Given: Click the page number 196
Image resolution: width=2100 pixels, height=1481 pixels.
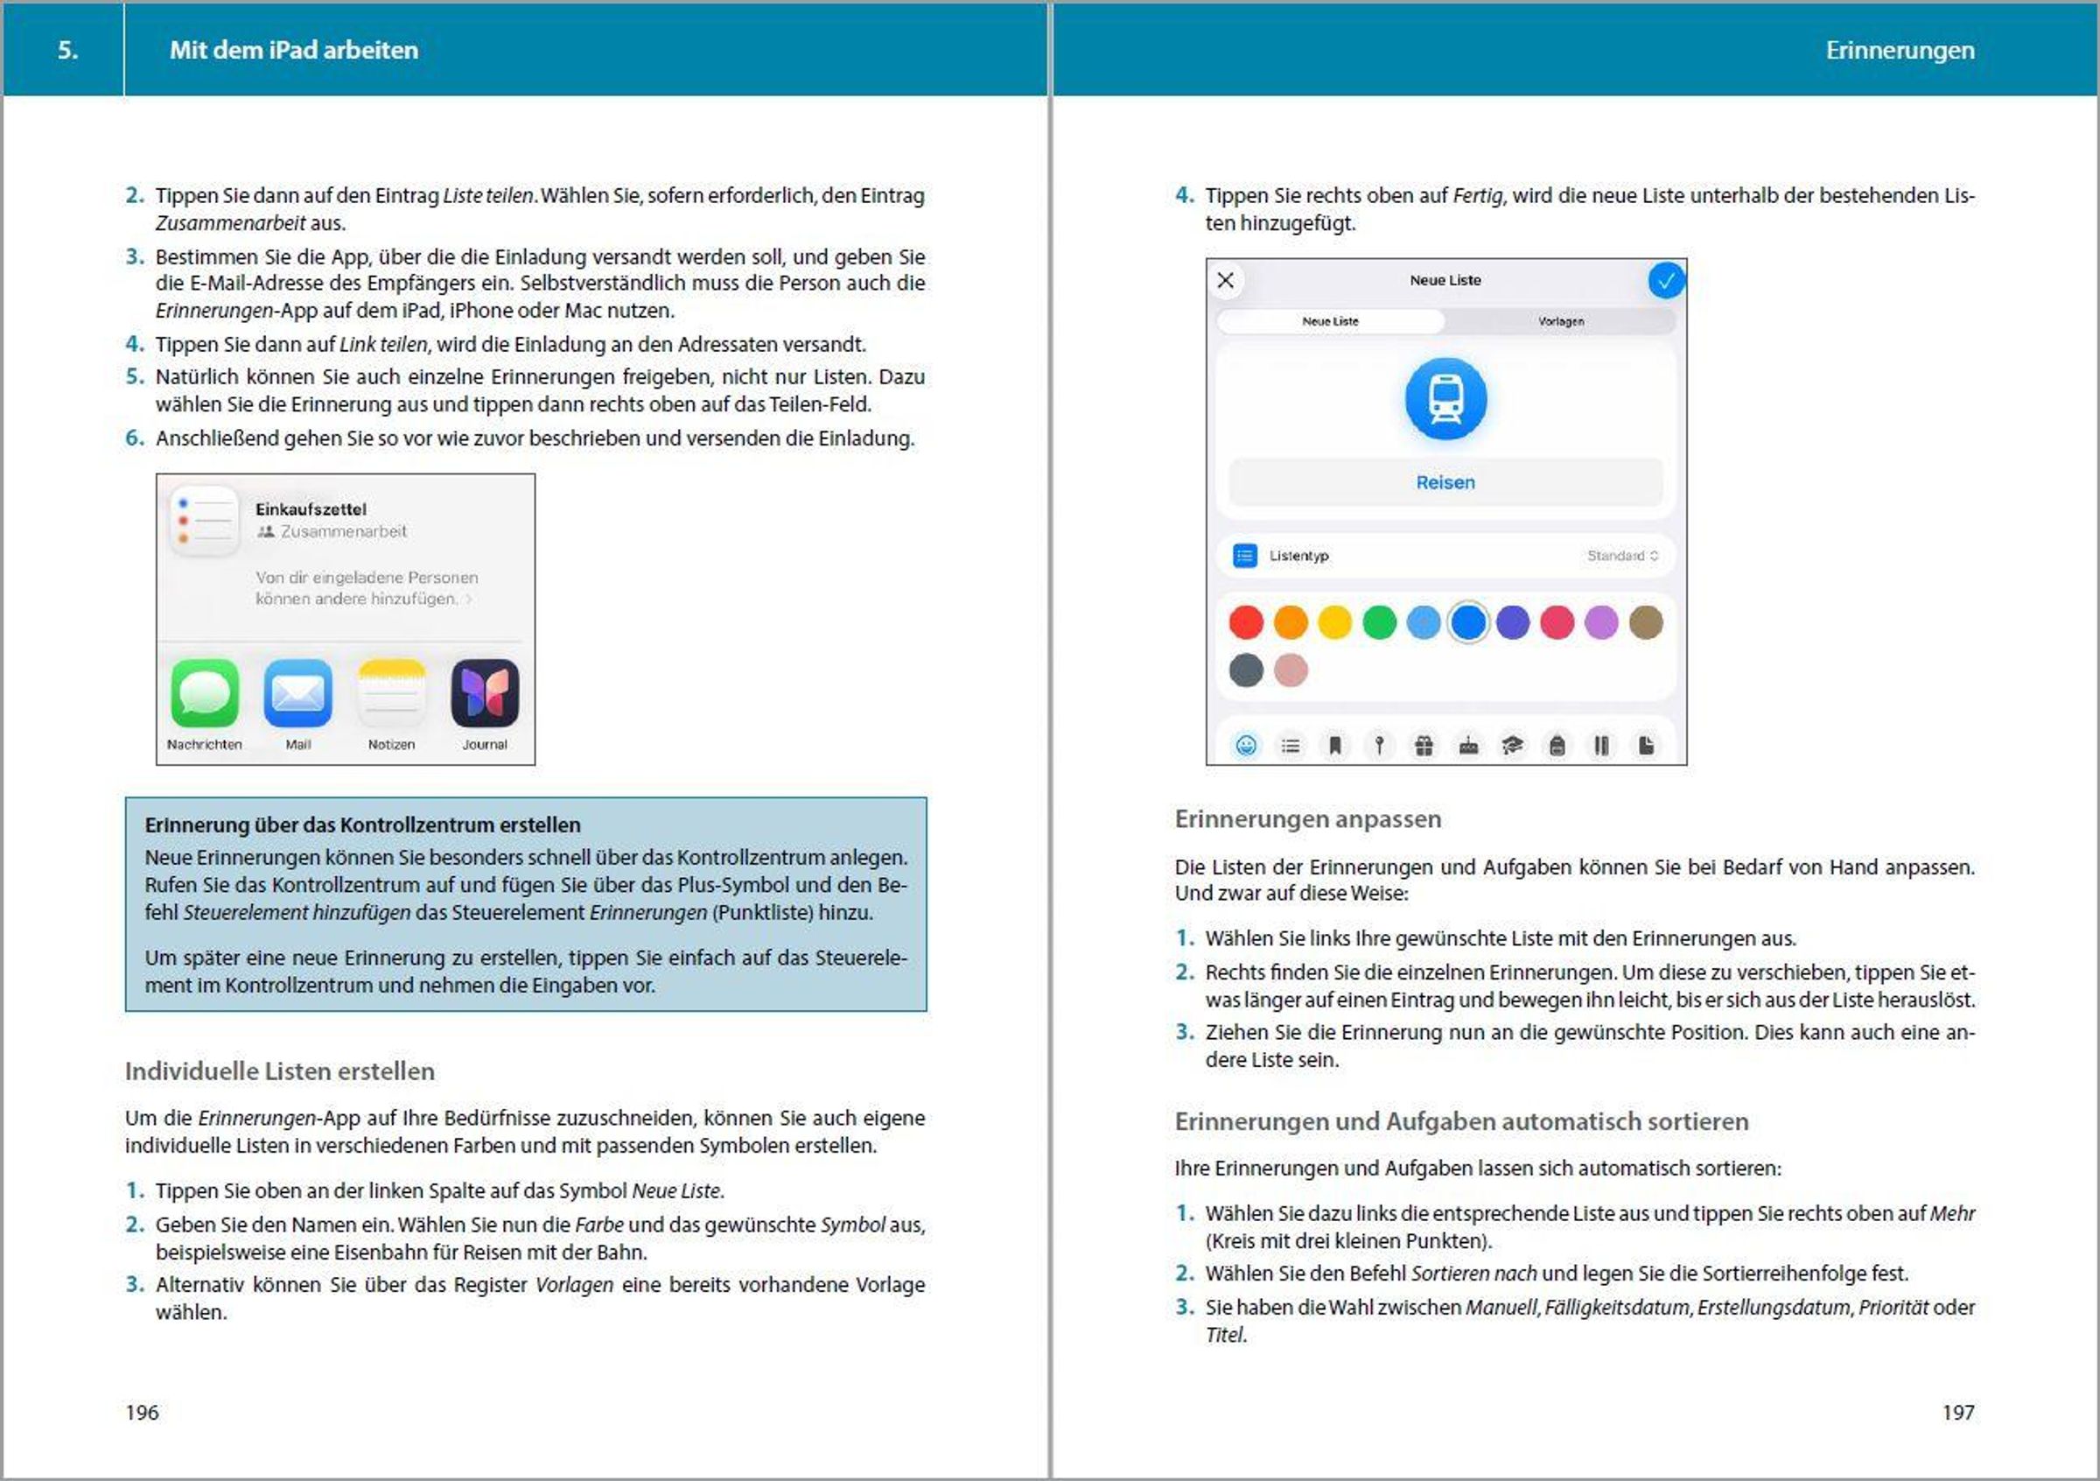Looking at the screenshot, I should pyautogui.click(x=142, y=1413).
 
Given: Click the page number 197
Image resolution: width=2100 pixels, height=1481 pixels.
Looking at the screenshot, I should pyautogui.click(x=1957, y=1413).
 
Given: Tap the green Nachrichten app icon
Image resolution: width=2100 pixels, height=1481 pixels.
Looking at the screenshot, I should pyautogui.click(x=205, y=692).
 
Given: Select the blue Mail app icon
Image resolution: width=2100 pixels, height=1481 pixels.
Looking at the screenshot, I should pyautogui.click(x=298, y=692).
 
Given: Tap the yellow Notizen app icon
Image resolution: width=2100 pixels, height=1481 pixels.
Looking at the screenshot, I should pyautogui.click(x=391, y=692).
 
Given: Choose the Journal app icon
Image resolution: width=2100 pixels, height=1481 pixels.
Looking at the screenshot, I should pyautogui.click(x=485, y=692).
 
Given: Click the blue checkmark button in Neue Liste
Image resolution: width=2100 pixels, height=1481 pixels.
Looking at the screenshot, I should pyautogui.click(x=1665, y=280).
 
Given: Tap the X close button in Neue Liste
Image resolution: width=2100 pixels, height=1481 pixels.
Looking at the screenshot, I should pyautogui.click(x=1226, y=280).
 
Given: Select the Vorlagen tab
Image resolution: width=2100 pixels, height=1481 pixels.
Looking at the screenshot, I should pyautogui.click(x=1560, y=321).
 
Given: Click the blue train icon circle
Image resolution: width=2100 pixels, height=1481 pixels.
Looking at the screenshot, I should pyautogui.click(x=1445, y=399).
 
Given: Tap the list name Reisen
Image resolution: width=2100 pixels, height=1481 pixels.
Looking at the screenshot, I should pyautogui.click(x=1445, y=482).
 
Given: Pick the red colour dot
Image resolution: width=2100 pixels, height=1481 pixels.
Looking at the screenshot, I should pyautogui.click(x=1246, y=623).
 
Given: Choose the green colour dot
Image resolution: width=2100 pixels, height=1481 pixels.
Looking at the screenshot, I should pyautogui.click(x=1379, y=623).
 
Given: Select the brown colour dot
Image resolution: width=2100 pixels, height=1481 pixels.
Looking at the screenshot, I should pyautogui.click(x=1645, y=623).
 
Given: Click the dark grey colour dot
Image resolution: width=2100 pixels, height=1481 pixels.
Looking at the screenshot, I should pyautogui.click(x=1246, y=670).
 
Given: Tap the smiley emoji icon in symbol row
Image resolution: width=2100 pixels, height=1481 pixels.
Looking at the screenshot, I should pyautogui.click(x=1246, y=746).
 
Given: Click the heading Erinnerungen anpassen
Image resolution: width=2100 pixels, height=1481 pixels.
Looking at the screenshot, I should pyautogui.click(x=1307, y=818).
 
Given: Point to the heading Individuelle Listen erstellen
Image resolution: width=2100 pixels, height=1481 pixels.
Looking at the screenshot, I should pyautogui.click(x=279, y=1071).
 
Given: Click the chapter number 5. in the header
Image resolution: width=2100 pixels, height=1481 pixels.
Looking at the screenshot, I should pyautogui.click(x=67, y=49).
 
